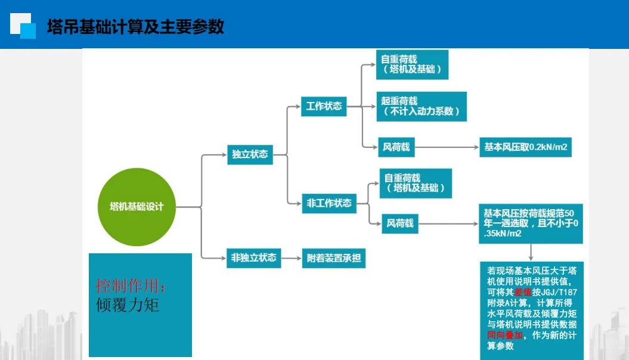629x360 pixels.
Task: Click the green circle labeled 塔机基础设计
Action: [137, 207]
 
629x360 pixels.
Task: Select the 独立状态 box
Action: [250, 154]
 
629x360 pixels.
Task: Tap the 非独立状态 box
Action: [254, 257]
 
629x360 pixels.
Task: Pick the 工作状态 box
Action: [324, 106]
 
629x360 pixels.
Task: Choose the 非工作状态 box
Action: [329, 203]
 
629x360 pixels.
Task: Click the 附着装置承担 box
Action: [333, 258]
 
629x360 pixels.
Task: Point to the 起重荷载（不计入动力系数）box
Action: [422, 106]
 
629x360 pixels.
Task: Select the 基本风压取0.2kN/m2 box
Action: [525, 147]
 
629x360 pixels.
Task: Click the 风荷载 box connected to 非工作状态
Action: [400, 224]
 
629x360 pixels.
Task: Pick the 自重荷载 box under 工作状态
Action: [412, 64]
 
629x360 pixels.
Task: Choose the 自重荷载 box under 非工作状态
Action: [416, 183]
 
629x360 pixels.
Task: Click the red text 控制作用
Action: [132, 285]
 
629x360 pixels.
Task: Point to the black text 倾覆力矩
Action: [128, 305]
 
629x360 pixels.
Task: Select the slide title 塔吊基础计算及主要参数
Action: [135, 27]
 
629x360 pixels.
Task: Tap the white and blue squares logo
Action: [23, 26]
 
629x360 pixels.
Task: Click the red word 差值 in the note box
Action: [523, 292]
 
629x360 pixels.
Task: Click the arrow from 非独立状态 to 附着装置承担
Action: [292, 258]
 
